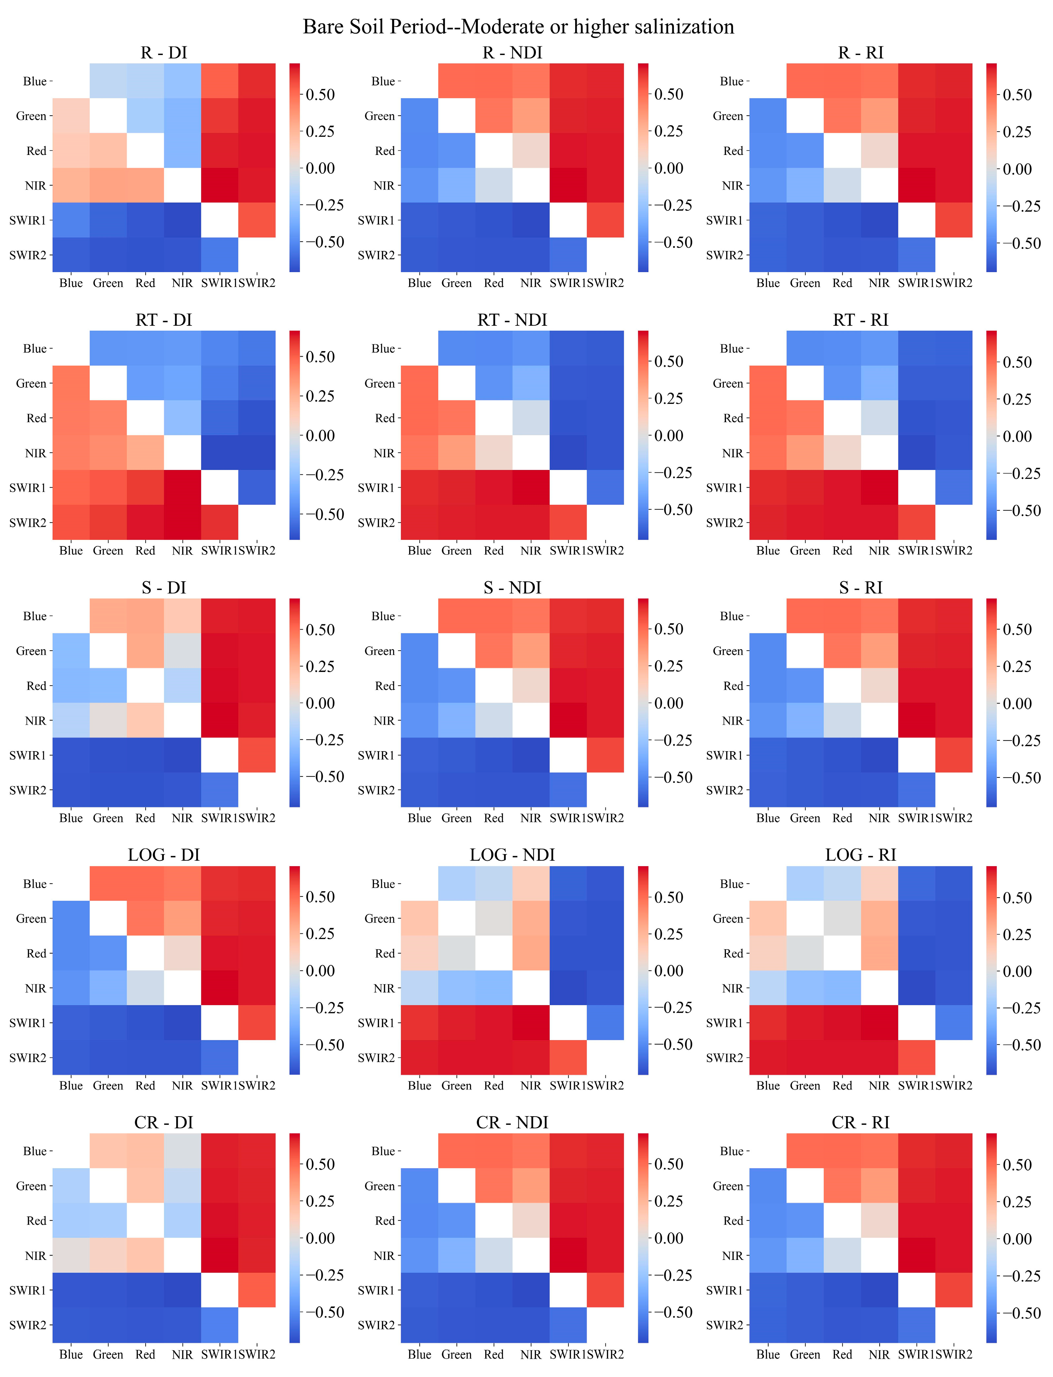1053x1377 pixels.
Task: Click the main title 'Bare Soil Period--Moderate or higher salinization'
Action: coord(518,27)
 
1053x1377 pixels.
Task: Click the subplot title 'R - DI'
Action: coord(163,53)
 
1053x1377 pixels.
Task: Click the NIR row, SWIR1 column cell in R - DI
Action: coord(219,185)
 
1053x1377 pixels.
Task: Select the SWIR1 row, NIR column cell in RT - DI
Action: coord(182,487)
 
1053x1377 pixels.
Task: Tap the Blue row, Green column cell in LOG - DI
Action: coord(108,883)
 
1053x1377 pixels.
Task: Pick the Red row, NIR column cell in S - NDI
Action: coord(531,685)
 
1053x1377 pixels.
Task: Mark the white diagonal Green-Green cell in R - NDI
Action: coord(456,115)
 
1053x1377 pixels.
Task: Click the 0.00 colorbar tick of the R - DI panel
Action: coord(320,168)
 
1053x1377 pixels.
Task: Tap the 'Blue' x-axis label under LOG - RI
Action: coord(768,1086)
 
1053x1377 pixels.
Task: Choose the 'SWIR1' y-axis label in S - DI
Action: coord(28,755)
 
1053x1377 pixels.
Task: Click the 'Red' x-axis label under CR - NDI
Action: coord(493,1354)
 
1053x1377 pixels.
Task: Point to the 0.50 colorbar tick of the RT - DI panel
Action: coord(320,357)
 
